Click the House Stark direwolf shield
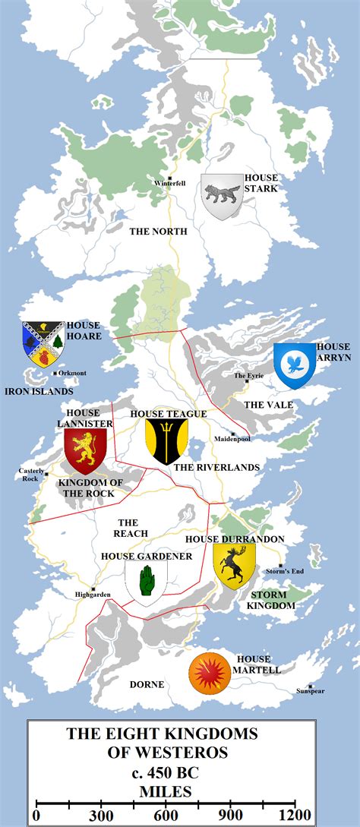pos(222,197)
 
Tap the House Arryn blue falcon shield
pos(294,364)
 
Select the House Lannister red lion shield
pos(85,450)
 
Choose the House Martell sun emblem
pos(210,672)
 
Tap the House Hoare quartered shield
pos(43,343)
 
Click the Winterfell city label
pos(169,184)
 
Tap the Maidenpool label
pos(232,439)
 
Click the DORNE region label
pos(147,684)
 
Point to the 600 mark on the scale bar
pos(164,815)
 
